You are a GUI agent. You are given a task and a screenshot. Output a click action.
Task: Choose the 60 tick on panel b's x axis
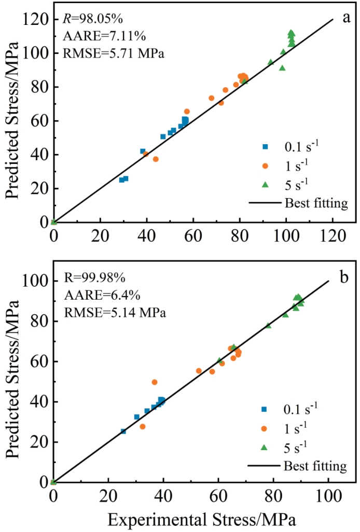(x=218, y=496)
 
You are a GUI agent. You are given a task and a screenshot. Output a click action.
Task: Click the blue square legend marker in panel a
(x=265, y=147)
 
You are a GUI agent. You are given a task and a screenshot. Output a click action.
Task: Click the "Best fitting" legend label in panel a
(x=316, y=203)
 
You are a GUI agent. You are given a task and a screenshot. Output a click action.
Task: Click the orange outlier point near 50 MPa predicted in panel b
(x=155, y=382)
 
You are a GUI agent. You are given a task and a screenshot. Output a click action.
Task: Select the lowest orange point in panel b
(x=143, y=427)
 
